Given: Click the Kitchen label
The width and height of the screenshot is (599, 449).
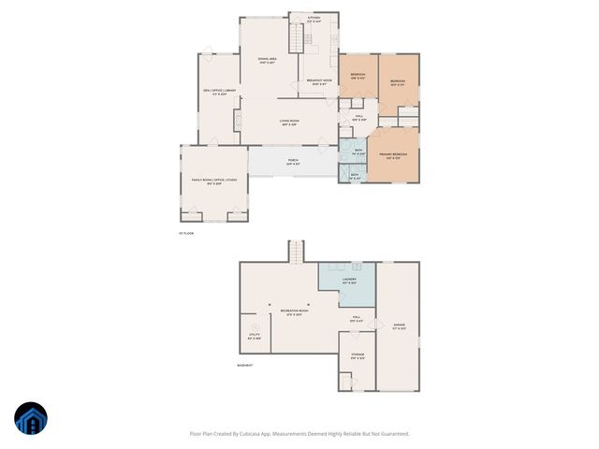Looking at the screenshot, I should pos(314,19).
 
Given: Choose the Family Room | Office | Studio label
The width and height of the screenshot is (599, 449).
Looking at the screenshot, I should pos(214,181).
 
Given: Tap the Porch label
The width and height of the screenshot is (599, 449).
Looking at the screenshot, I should pos(293,161).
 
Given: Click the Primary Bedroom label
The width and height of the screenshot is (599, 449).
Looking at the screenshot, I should pos(393,155).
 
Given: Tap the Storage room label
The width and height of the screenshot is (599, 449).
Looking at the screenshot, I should pos(358,356).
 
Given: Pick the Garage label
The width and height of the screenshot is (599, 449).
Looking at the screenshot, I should pos(400,326).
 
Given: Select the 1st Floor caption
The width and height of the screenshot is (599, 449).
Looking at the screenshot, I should pos(186,233).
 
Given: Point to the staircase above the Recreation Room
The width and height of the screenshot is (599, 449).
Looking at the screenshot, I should pos(296,252).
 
